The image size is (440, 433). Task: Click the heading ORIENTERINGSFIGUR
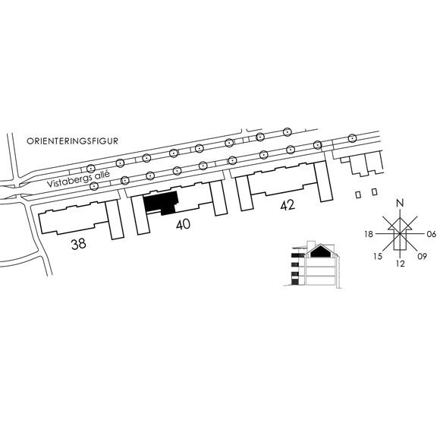pyautogui.click(x=72, y=141)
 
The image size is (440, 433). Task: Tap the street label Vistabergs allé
pyautogui.click(x=78, y=179)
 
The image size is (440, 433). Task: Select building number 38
pyautogui.click(x=79, y=244)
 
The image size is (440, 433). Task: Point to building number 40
pyautogui.click(x=183, y=225)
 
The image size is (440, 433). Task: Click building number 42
pyautogui.click(x=288, y=205)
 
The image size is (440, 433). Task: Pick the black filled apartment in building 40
pyautogui.click(x=162, y=202)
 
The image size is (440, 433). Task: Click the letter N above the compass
pyautogui.click(x=400, y=203)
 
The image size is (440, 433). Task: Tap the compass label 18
pyautogui.click(x=369, y=234)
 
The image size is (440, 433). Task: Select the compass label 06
pyautogui.click(x=432, y=234)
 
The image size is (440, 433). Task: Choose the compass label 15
pyautogui.click(x=378, y=256)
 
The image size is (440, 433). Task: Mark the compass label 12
pyautogui.click(x=400, y=264)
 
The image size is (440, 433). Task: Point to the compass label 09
pyautogui.click(x=422, y=256)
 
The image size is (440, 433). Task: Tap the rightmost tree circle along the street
pyautogui.click(x=352, y=138)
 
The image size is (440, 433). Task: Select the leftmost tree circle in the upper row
pyautogui.click(x=90, y=169)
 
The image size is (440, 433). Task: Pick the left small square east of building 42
pyautogui.click(x=358, y=194)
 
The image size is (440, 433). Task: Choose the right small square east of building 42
pyautogui.click(x=374, y=192)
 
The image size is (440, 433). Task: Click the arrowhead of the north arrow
pyautogui.click(x=400, y=224)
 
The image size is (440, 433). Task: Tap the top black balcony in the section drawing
pyautogui.click(x=295, y=256)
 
